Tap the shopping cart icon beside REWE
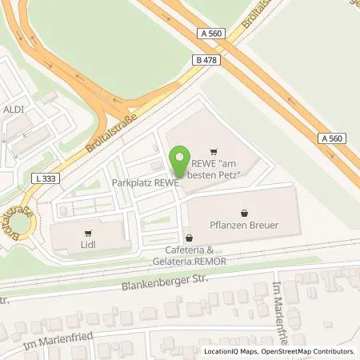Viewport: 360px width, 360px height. pyautogui.click(x=213, y=150)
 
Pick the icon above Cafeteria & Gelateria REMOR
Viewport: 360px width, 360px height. pyautogui.click(x=188, y=238)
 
